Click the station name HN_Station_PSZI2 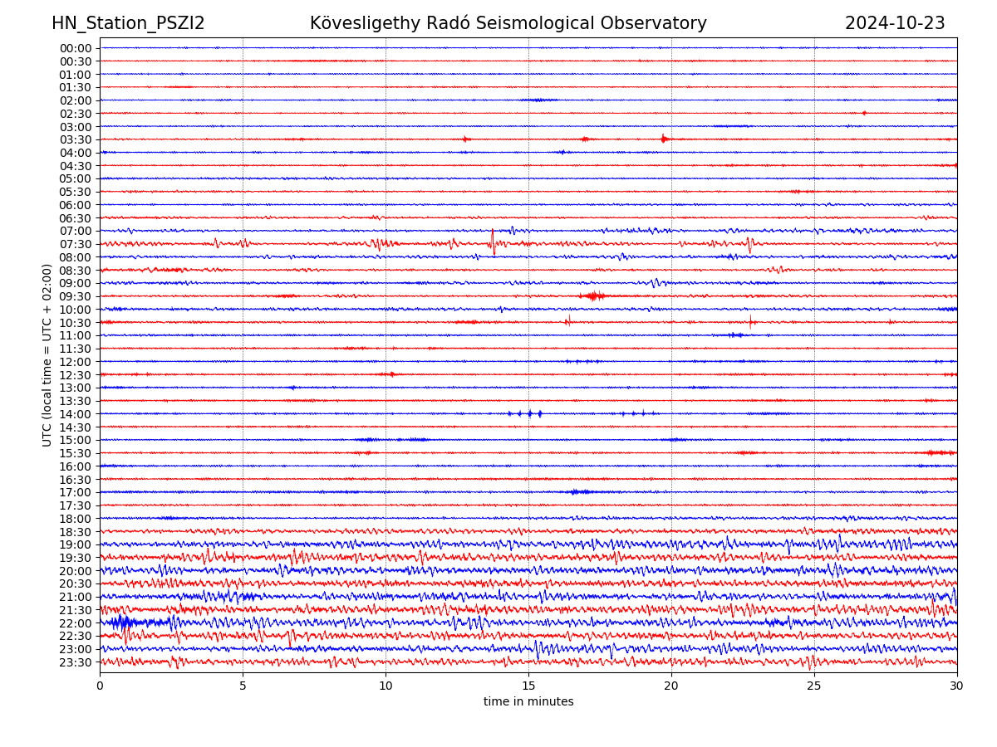[x=128, y=23]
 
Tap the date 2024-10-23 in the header [x=895, y=23]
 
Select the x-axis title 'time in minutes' [x=528, y=701]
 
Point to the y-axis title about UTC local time [x=47, y=354]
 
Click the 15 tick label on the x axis [x=528, y=686]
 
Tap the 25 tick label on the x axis [x=814, y=686]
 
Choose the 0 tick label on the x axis [x=100, y=686]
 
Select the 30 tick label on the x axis [x=957, y=686]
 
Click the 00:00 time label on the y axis [x=75, y=48]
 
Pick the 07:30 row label [x=75, y=244]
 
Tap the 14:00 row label [x=75, y=414]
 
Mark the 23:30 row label [x=75, y=662]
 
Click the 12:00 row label [x=75, y=362]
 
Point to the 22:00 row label [x=75, y=623]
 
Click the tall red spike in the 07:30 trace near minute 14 [x=493, y=242]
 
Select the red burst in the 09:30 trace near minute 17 [x=594, y=295]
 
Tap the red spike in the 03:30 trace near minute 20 [x=663, y=139]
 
